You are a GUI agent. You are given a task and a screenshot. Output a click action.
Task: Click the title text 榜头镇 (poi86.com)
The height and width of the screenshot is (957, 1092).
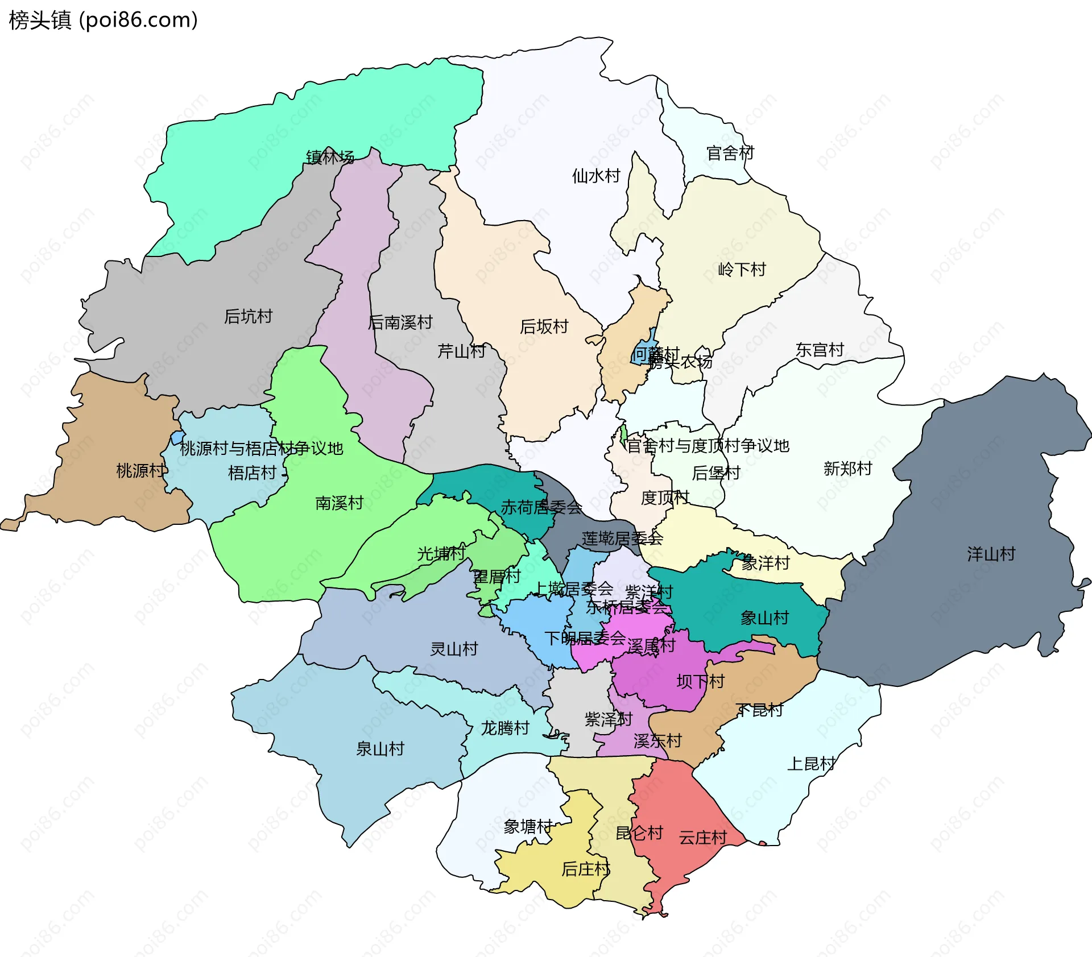(104, 20)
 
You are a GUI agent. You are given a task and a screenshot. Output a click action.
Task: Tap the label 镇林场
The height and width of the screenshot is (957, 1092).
(330, 157)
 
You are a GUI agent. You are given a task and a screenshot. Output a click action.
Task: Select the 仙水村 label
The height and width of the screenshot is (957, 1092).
(596, 176)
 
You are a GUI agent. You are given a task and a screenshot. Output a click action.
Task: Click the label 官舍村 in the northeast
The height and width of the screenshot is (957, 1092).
(730, 153)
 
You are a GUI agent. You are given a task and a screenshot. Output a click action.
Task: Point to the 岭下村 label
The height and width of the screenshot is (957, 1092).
(742, 269)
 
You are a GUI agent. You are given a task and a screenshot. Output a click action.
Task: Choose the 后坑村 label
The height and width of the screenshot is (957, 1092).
(248, 316)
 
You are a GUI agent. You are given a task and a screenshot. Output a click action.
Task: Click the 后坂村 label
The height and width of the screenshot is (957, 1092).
(544, 326)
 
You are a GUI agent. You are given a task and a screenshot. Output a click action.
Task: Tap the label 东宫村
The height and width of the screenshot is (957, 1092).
(819, 350)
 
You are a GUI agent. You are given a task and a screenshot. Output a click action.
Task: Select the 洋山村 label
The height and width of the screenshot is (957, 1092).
(991, 554)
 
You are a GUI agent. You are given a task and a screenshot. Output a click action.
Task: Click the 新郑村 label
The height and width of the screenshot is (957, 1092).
(847, 469)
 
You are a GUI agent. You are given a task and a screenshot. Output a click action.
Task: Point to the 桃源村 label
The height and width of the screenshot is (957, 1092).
(140, 470)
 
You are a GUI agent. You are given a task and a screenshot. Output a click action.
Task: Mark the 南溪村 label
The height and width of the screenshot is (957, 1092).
(339, 503)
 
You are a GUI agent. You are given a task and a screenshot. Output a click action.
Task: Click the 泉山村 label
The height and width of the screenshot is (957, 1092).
(380, 749)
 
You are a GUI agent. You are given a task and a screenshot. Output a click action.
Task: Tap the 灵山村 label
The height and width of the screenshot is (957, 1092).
(454, 649)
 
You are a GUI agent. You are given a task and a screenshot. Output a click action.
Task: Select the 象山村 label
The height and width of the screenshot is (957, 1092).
(764, 618)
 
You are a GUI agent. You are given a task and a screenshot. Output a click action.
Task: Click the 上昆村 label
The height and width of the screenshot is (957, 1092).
(811, 764)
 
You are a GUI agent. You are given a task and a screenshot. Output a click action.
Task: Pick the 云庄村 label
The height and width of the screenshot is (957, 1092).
(702, 838)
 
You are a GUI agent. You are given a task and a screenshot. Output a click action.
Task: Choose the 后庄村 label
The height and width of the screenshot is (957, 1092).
(585, 869)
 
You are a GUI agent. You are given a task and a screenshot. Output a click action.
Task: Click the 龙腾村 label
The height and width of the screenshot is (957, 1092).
(505, 728)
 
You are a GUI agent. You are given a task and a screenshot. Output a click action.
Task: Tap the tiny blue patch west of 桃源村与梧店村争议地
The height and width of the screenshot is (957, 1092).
(177, 438)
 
